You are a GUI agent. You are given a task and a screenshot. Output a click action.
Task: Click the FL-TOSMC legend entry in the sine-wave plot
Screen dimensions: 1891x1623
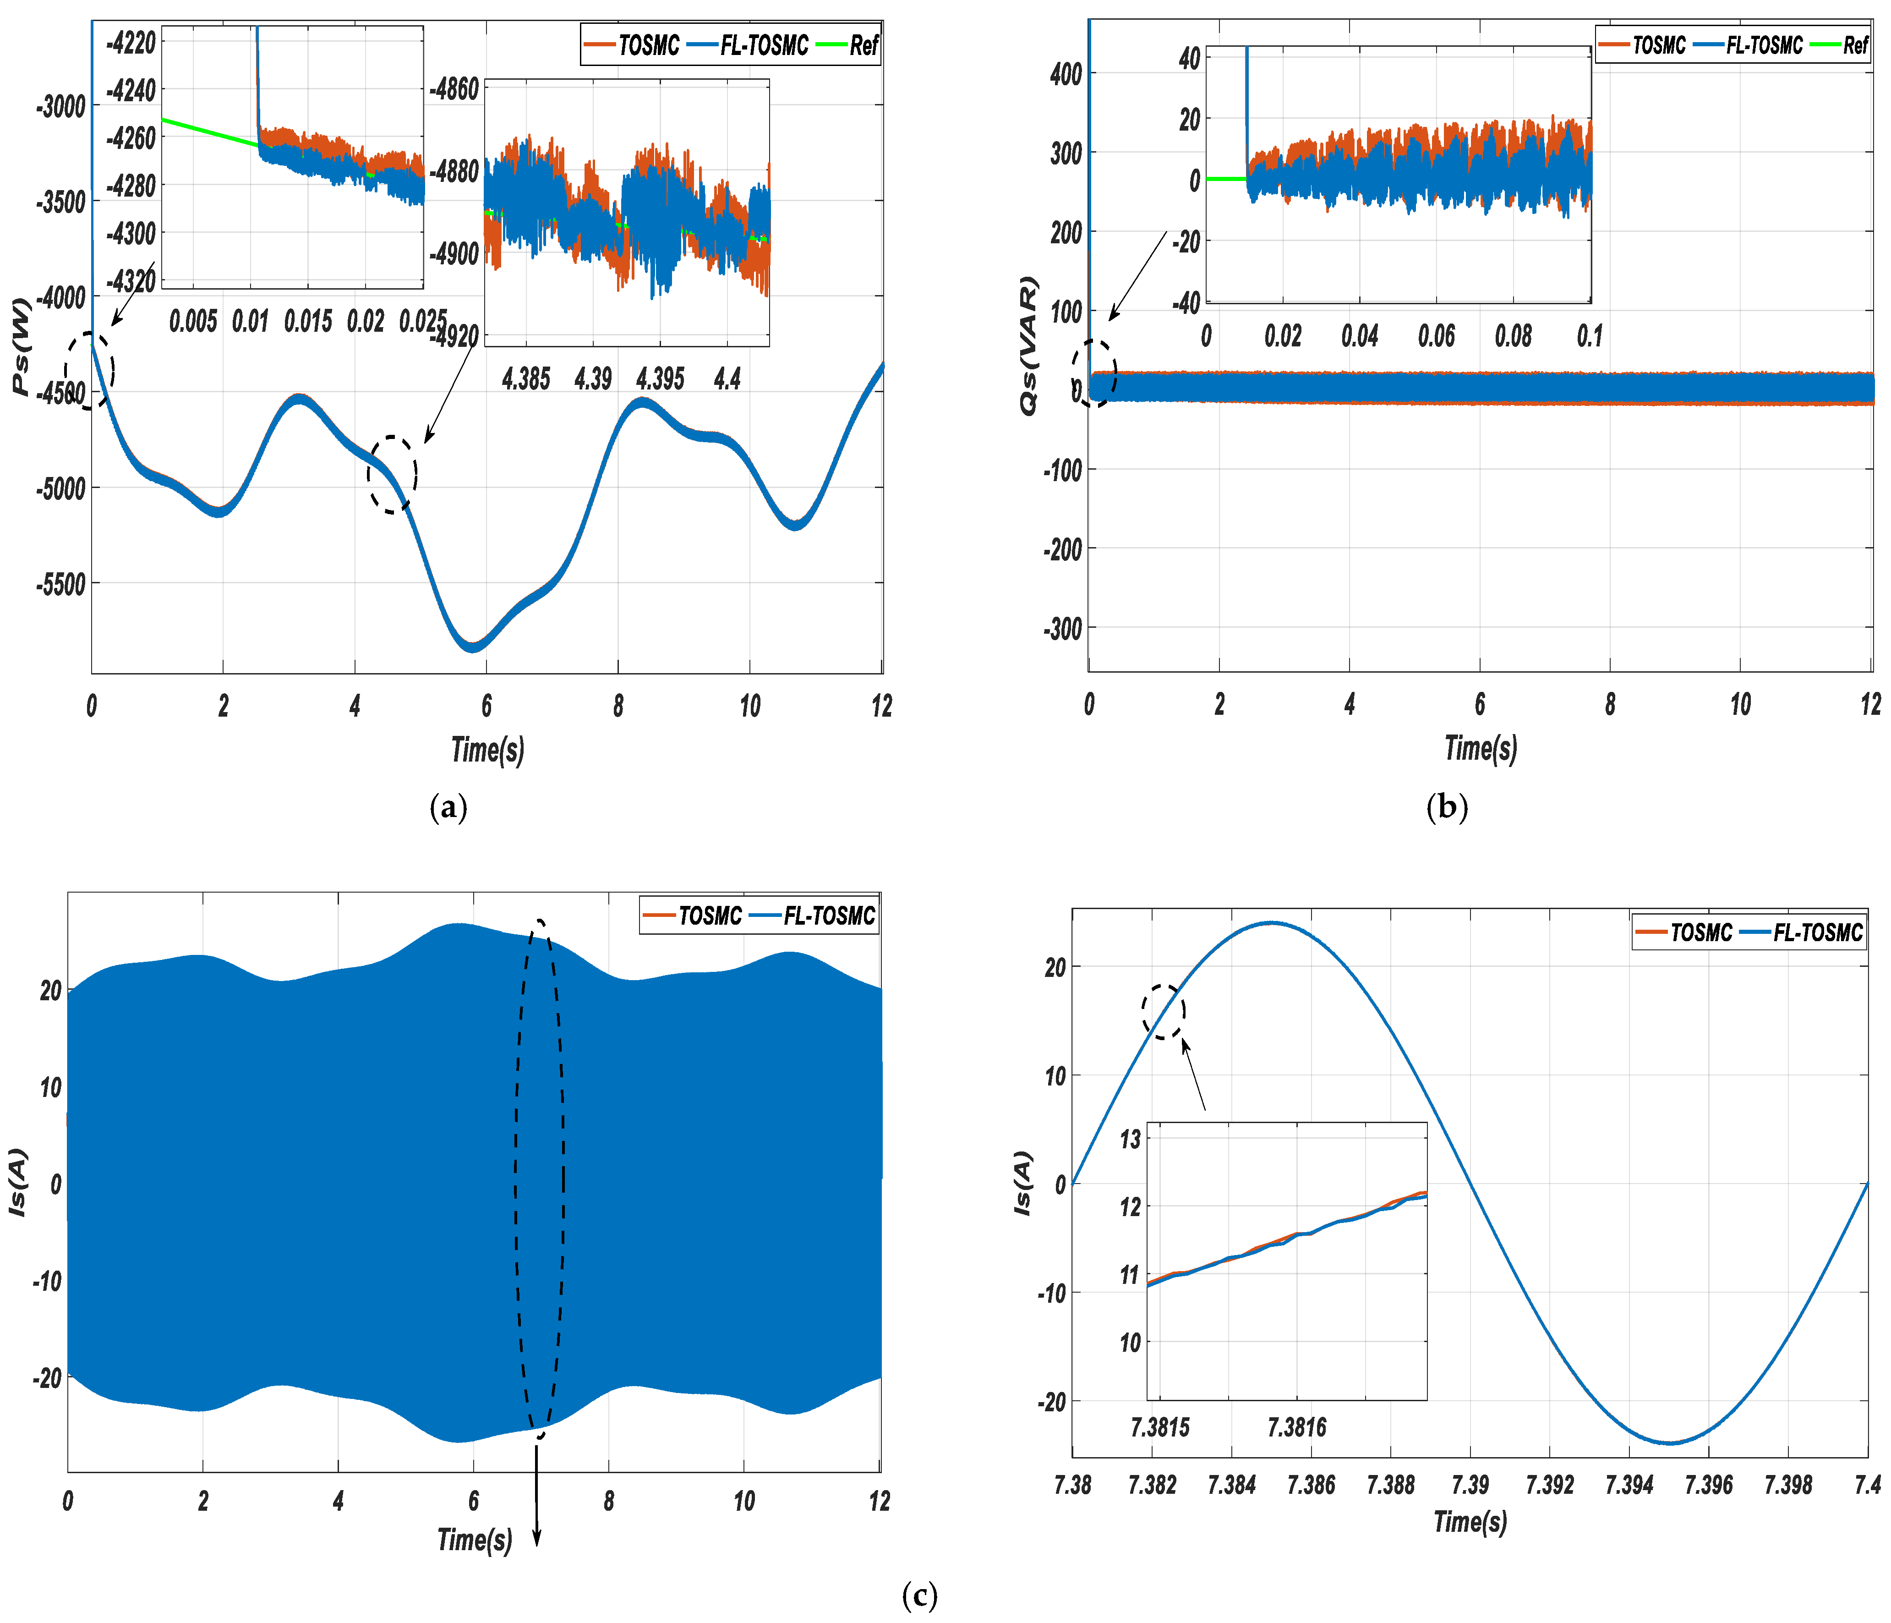point(1803,932)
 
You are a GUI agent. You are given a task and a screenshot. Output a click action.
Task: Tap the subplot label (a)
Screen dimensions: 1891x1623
point(448,807)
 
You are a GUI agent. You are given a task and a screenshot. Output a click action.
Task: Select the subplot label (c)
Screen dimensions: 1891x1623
point(919,1595)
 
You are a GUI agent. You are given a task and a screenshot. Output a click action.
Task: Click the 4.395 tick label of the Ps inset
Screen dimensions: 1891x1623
point(660,378)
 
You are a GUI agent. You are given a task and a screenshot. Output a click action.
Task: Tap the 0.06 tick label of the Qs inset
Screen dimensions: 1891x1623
point(1437,336)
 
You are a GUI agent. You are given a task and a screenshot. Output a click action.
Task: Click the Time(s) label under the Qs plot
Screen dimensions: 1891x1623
point(1480,749)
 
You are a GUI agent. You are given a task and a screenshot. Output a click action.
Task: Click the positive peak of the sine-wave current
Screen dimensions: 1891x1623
point(1271,923)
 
